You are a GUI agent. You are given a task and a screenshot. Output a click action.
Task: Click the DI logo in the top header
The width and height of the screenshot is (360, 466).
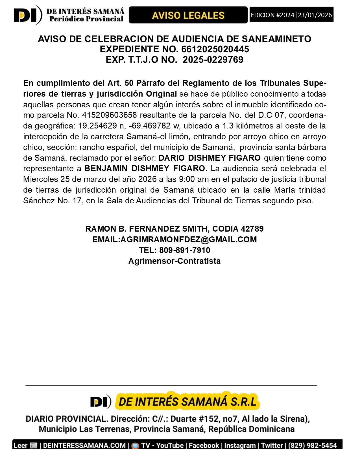pos(28,15)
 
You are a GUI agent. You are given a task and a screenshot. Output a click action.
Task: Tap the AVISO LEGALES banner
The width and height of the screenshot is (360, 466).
pos(188,15)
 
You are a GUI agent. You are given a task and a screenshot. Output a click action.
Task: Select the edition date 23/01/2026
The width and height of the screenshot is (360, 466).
pos(315,15)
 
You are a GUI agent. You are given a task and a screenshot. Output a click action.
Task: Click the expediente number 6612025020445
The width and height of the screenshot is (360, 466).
pos(215,49)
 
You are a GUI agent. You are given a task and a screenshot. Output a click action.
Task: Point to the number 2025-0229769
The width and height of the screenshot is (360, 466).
pos(213,60)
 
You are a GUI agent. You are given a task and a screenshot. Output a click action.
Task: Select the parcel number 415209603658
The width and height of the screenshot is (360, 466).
pos(109,115)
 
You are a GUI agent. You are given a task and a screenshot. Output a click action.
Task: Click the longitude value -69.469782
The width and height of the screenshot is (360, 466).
pos(150,126)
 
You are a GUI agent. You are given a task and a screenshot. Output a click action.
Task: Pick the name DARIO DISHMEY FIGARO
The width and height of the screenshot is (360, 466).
pos(210,158)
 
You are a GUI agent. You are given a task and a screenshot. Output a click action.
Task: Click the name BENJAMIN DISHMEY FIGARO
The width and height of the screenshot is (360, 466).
pos(146,169)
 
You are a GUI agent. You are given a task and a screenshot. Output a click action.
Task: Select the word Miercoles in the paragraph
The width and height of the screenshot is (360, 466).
pos(41,179)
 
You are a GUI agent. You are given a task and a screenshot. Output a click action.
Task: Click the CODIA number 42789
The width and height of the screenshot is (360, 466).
pos(252,229)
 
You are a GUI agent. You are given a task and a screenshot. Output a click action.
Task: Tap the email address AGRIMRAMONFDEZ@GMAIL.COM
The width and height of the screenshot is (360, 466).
pos(189,239)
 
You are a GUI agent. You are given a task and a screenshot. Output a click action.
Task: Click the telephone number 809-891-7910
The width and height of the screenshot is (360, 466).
pos(185,250)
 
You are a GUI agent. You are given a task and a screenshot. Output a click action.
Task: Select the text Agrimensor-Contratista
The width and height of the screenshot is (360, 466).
pos(174,261)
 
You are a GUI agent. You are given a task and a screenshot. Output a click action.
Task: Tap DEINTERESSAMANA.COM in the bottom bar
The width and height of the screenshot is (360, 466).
pos(84,445)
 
